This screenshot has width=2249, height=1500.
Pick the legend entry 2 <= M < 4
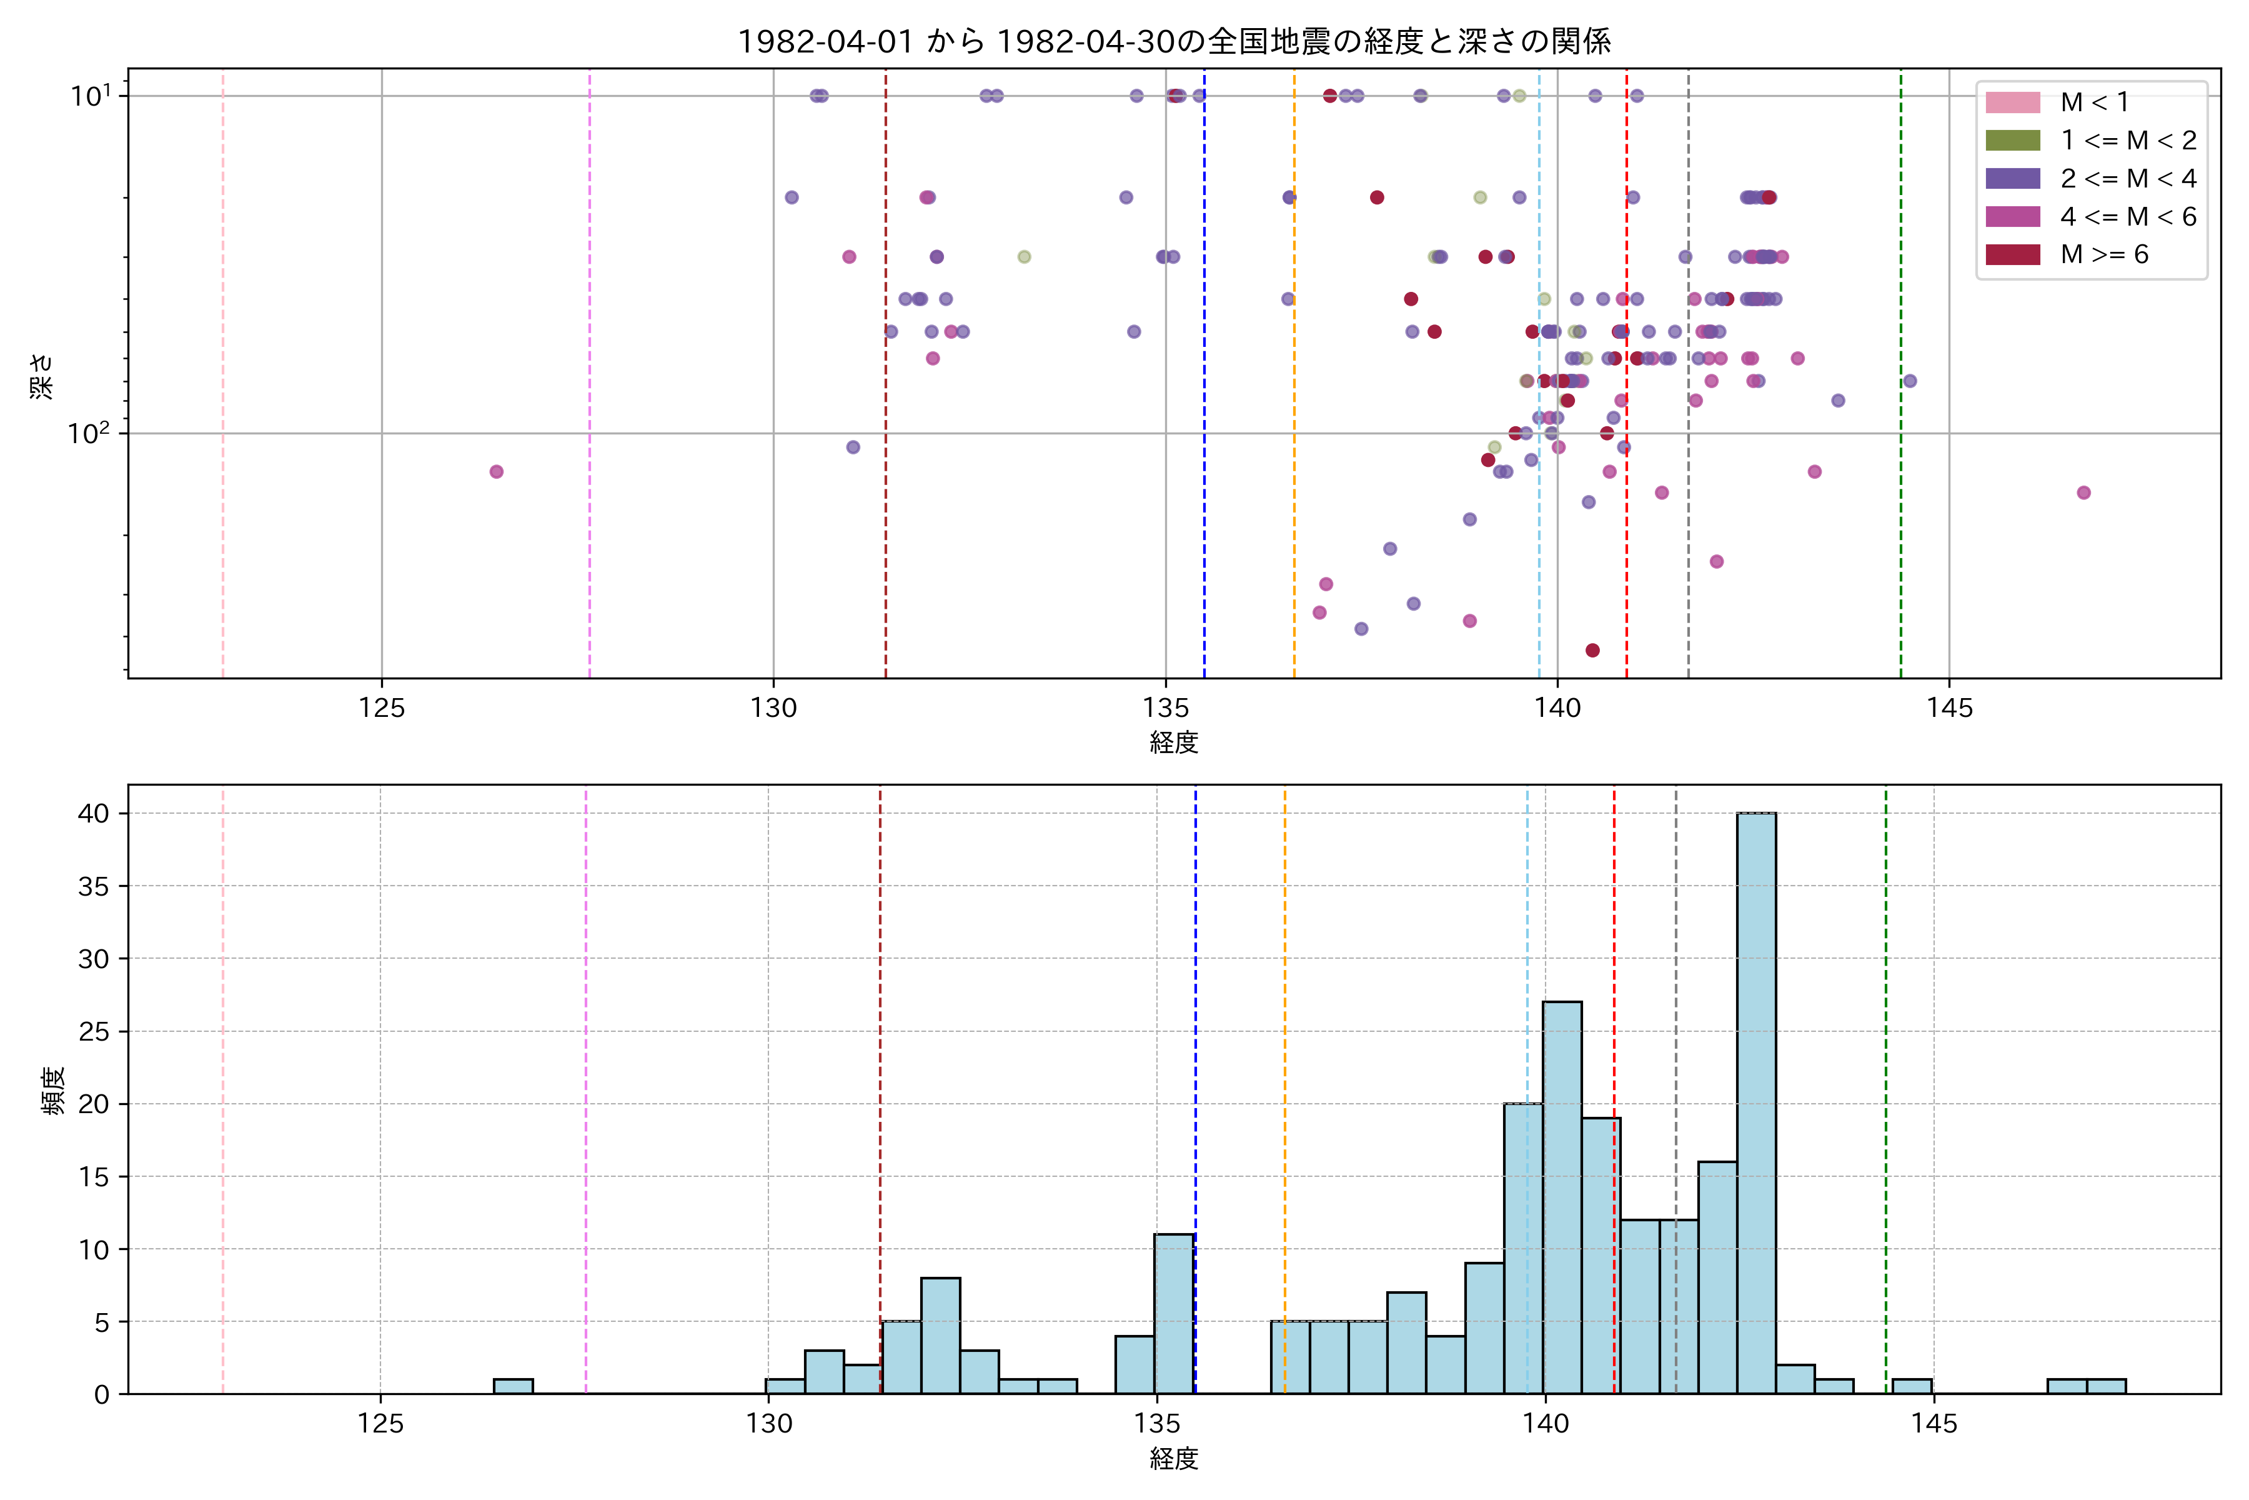2128,179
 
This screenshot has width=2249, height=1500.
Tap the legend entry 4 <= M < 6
2128,217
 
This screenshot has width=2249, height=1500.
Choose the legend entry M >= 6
2103,254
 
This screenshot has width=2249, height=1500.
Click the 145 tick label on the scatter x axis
1949,709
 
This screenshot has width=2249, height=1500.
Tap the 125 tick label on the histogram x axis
380,1424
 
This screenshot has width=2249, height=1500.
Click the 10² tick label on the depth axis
89,433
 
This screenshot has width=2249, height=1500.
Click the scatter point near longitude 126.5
496,472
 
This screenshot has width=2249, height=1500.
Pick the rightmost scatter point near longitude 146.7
2083,492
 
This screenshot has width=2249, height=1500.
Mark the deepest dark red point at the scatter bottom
1592,651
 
